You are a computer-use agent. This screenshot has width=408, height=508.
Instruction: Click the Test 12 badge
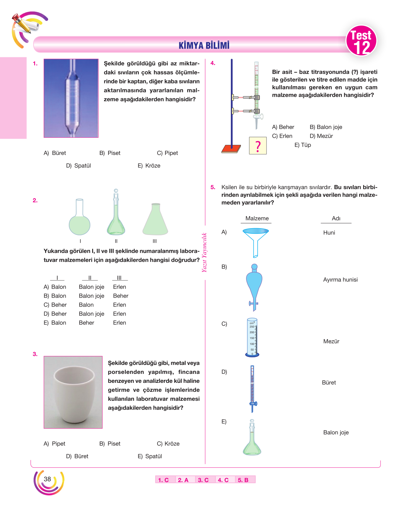[361, 41]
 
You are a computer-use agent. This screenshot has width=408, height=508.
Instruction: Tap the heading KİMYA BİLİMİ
[204, 45]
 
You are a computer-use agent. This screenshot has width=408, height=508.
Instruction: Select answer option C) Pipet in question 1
[167, 153]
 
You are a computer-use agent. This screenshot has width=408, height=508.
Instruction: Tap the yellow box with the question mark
[258, 145]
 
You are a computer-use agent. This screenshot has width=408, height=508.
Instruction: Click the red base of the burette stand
[231, 149]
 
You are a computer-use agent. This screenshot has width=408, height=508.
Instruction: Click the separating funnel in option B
[254, 287]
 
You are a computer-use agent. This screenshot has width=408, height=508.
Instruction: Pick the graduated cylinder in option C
[252, 337]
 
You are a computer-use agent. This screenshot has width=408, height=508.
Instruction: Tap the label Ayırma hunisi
[340, 279]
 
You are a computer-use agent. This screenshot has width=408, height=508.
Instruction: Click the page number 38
[47, 479]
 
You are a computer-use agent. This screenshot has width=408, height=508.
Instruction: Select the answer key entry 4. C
[223, 480]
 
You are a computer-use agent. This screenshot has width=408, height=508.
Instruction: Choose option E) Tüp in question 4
[302, 145]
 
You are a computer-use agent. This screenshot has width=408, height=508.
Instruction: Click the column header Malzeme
[257, 218]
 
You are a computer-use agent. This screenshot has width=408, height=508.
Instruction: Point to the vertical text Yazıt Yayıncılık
[204, 252]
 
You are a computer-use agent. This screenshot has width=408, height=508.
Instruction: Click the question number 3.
[35, 354]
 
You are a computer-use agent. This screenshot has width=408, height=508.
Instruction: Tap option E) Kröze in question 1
[149, 165]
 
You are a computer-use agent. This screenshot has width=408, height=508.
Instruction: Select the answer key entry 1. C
[163, 480]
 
